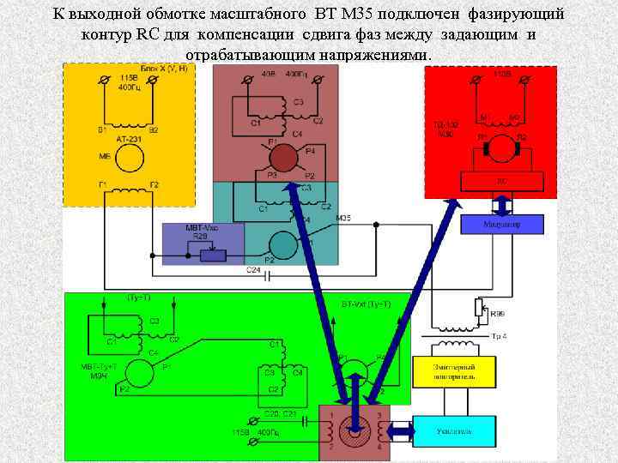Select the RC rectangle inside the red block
tap(502, 182)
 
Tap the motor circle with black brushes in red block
tap(500, 148)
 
